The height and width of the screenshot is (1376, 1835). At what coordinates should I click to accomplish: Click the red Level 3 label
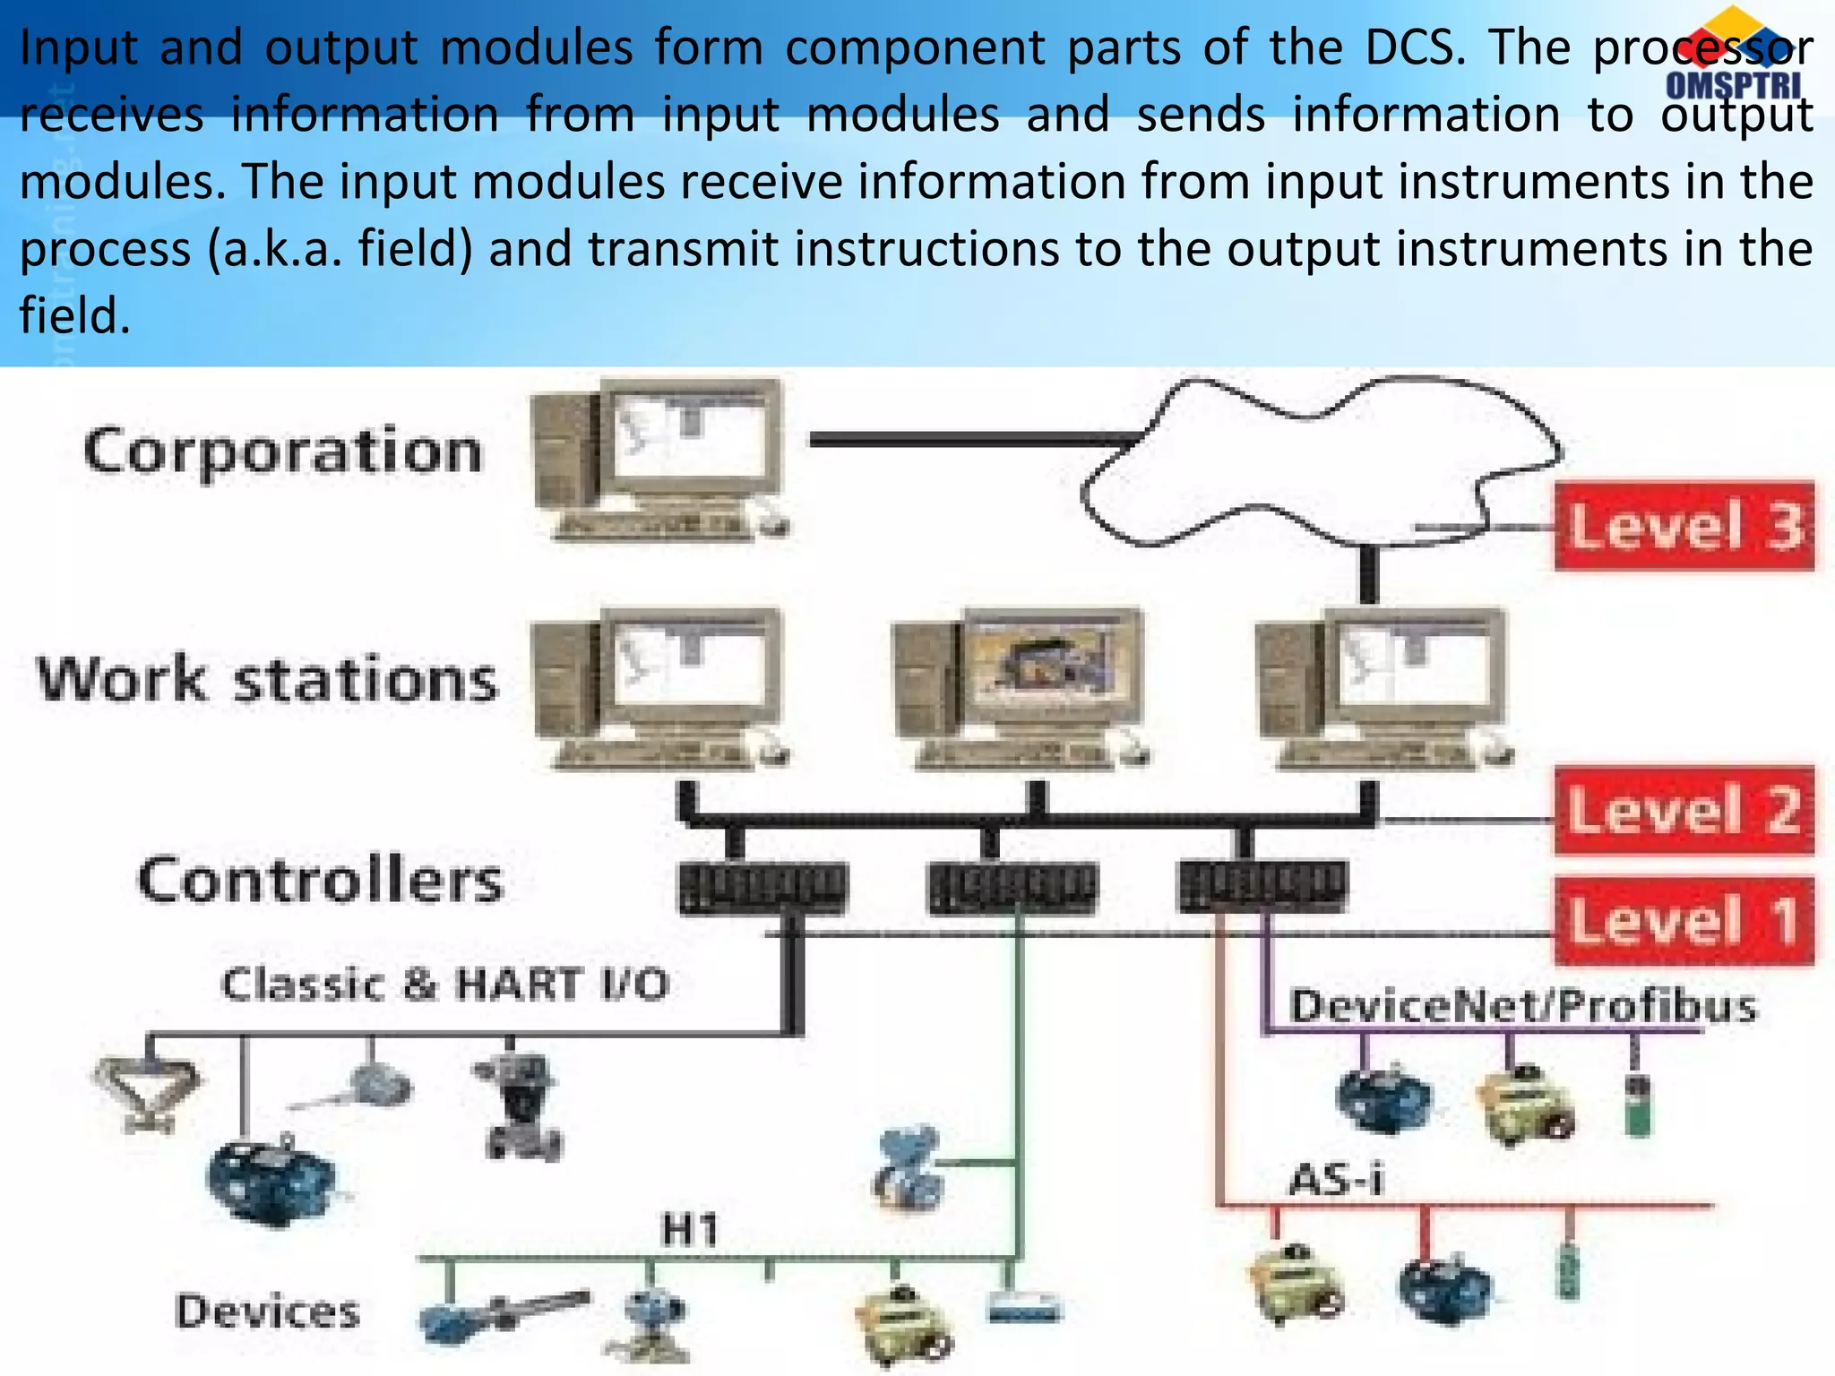point(1684,526)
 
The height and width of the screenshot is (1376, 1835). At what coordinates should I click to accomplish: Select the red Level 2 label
point(1684,811)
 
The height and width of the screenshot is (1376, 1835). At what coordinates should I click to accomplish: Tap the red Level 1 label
point(1684,921)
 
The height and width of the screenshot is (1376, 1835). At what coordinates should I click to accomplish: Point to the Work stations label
point(267,679)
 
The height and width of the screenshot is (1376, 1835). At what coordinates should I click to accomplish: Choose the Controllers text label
point(320,881)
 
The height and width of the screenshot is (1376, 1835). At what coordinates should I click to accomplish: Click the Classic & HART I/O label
point(445,985)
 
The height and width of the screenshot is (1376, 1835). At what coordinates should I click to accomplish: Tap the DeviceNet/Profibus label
point(1523,1005)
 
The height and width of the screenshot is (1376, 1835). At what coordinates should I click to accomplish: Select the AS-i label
point(1336,1179)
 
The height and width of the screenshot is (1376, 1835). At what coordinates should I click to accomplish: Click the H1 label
point(690,1230)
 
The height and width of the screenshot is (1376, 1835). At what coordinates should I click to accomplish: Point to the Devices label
point(267,1312)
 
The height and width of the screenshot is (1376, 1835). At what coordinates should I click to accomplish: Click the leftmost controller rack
point(762,887)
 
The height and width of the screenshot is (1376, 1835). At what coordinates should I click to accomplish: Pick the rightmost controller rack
point(1262,887)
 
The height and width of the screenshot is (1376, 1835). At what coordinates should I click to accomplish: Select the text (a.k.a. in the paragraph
point(275,249)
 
